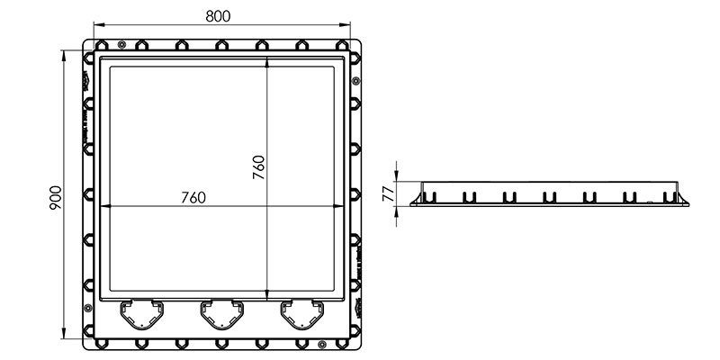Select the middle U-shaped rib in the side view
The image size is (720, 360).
[549, 196]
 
